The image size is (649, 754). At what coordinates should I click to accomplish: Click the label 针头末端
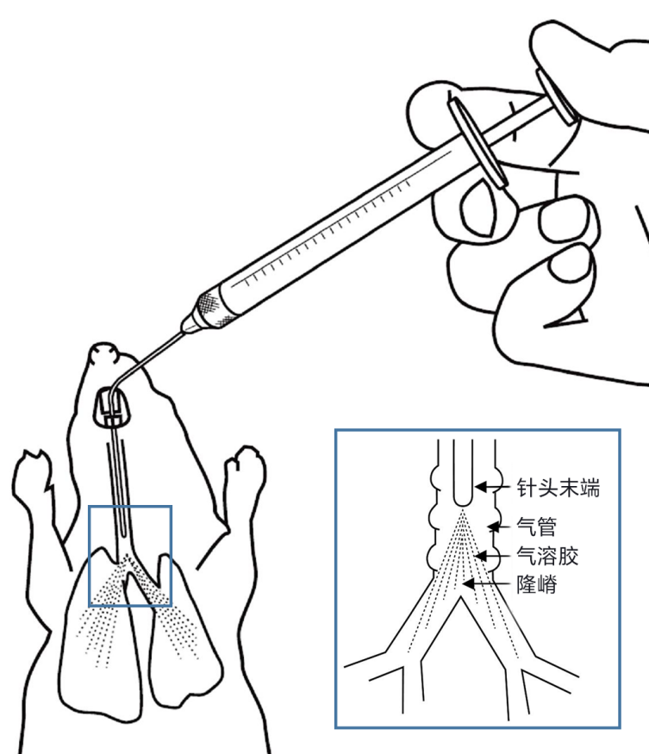557,489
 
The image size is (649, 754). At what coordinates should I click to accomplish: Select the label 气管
534,523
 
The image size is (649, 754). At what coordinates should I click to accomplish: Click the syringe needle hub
206,307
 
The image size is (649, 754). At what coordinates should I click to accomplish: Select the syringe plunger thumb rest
557,95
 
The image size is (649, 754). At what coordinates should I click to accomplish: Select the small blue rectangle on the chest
131,556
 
